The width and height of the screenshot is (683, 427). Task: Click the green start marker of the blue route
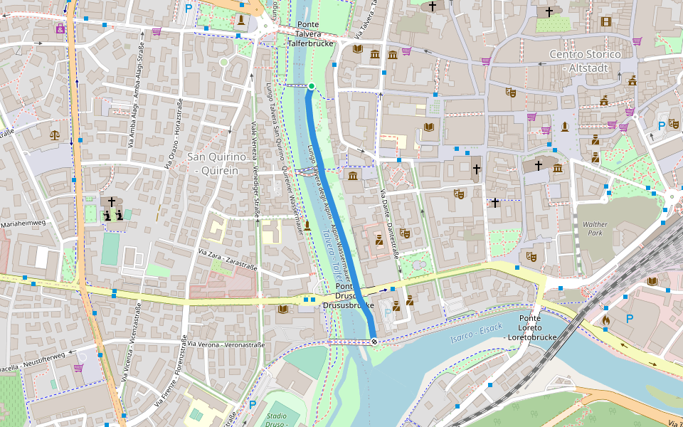coord(311,87)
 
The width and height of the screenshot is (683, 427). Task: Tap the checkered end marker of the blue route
coord(374,342)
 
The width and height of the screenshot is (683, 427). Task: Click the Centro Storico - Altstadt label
coord(585,60)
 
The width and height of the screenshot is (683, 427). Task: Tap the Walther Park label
coord(595,228)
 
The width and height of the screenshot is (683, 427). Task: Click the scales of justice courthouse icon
coord(55,134)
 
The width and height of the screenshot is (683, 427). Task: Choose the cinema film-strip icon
coord(605,21)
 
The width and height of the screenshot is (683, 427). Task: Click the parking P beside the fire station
coord(629,319)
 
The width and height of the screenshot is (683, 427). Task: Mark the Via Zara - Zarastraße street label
coord(227,259)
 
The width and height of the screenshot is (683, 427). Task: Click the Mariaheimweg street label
coord(23,223)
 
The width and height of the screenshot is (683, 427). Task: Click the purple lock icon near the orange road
coord(60,29)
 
